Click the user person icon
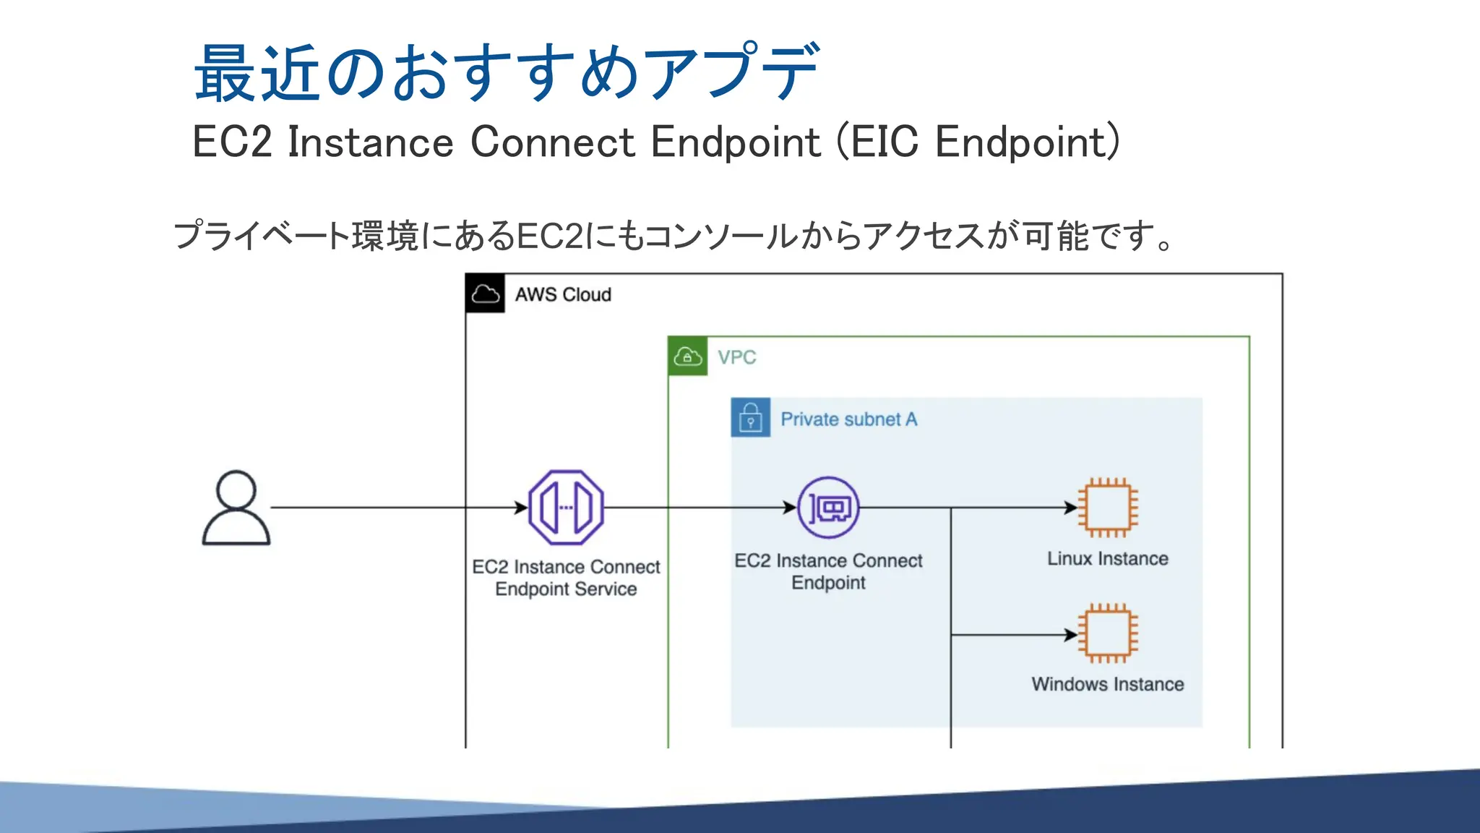pos(236,508)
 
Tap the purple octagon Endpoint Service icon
pos(566,507)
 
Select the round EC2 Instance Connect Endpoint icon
pos(828,508)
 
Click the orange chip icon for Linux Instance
pos(1107,508)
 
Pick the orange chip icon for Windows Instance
pos(1107,633)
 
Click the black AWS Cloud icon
pos(485,294)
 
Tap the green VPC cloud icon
pos(687,356)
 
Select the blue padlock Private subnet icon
pos(750,418)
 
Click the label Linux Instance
pos(1107,559)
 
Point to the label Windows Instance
pos(1107,684)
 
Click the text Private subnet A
pos(848,419)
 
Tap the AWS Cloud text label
pos(563,295)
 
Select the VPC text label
pos(736,357)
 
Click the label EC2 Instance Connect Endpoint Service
pos(566,578)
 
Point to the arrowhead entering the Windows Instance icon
pos(1071,635)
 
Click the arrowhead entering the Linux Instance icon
pos(1071,508)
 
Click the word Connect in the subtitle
pos(552,142)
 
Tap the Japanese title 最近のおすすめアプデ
pos(506,72)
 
